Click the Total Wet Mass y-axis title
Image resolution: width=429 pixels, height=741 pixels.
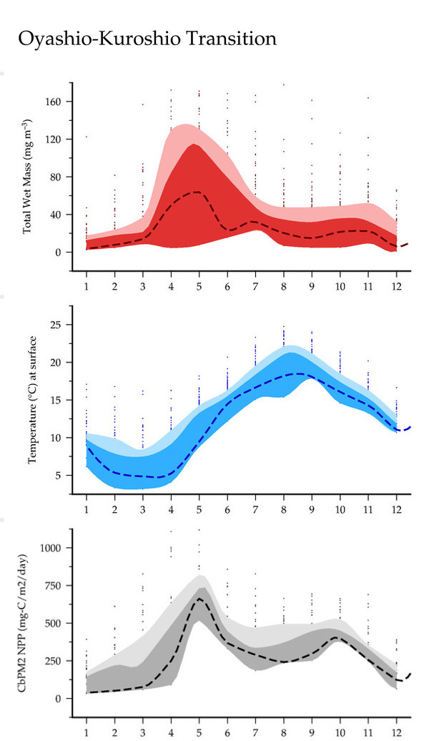(29, 176)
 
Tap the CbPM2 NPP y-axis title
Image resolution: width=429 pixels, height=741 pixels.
(29, 623)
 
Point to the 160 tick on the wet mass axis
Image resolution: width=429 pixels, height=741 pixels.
(56, 102)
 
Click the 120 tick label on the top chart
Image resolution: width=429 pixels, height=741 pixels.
(56, 139)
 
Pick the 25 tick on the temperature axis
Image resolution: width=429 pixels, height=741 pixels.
(60, 325)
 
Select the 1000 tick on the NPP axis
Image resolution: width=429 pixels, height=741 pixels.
(54, 548)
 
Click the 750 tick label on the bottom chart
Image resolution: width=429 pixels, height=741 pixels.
(56, 585)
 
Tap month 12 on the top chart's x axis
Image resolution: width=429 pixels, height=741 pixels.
(397, 286)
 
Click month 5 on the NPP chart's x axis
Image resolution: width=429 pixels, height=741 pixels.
(199, 732)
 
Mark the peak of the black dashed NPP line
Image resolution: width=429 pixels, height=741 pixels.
(199, 597)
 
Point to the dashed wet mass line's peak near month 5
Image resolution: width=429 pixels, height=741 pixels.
(197, 192)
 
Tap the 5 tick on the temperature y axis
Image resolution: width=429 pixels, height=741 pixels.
(62, 475)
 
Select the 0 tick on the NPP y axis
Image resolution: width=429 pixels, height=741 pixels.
(62, 698)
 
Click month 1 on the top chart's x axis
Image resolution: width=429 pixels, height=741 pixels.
(87, 286)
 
